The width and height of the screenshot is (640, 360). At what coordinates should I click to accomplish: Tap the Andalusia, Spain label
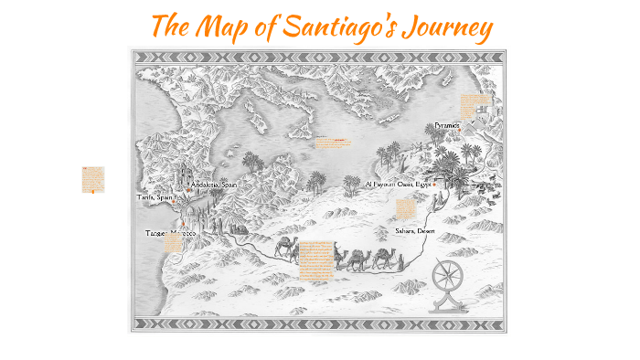(x=213, y=185)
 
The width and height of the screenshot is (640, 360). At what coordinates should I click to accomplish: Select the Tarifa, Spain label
(x=155, y=196)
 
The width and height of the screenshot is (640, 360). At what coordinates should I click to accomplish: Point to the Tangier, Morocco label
(x=170, y=234)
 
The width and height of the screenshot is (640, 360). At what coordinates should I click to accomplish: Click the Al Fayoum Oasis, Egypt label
(x=398, y=184)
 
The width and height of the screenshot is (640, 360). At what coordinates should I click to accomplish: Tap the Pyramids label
(x=449, y=123)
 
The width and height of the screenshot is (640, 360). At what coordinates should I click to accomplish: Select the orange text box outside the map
(x=92, y=180)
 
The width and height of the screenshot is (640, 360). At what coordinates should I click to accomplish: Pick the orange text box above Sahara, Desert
(x=406, y=209)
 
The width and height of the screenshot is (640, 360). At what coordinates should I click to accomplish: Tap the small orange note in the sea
(x=333, y=142)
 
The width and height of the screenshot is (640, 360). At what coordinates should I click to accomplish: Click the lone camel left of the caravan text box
(x=286, y=248)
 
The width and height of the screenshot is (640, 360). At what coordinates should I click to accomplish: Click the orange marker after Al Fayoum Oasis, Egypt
(x=434, y=184)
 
